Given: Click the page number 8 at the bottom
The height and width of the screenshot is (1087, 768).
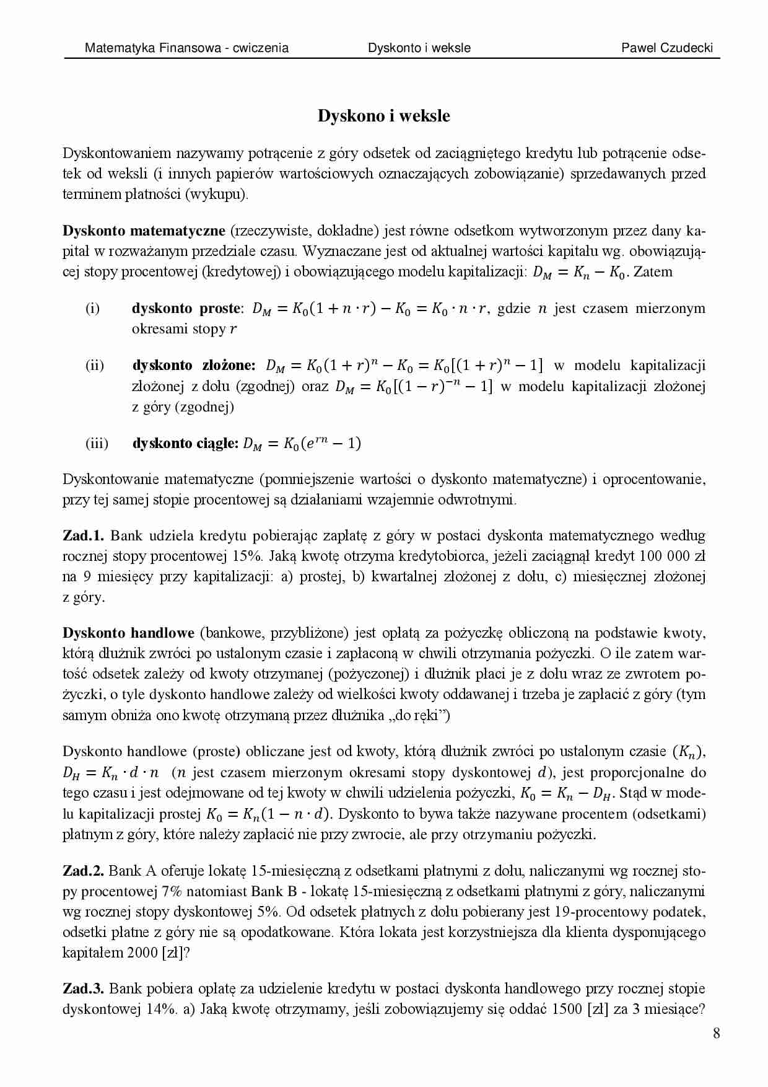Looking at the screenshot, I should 716,1033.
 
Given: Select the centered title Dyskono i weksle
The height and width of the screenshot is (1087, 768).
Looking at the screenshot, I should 383,116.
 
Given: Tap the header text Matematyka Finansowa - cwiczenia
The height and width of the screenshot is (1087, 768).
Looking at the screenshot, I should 186,48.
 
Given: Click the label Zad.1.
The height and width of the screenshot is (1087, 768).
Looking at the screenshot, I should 85,535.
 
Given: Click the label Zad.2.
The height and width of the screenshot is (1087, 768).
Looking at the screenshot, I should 84,871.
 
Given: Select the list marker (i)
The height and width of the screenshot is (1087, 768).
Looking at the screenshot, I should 92,308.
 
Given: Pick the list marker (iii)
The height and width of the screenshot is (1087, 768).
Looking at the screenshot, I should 96,443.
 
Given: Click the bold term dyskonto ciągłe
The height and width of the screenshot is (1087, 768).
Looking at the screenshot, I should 185,443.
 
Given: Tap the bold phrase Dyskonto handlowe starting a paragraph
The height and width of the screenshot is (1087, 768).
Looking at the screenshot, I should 128,633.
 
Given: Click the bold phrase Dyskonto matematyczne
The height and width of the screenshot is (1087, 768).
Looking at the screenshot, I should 144,231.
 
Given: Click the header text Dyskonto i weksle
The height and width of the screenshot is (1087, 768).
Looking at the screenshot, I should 419,48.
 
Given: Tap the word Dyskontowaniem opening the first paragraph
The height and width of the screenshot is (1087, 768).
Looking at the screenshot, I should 115,153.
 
